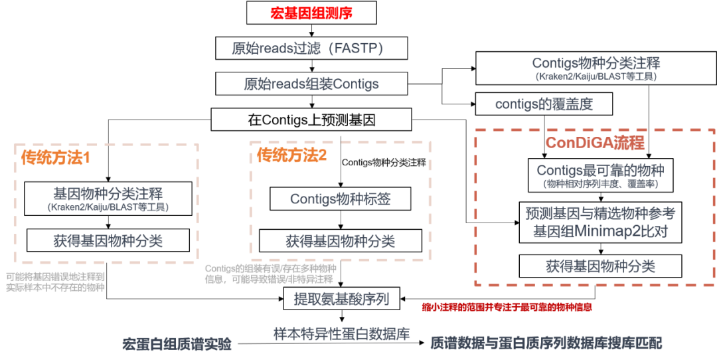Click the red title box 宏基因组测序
click(x=312, y=13)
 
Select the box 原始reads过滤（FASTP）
click(x=312, y=48)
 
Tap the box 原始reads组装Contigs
click(x=312, y=84)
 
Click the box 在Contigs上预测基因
click(x=311, y=120)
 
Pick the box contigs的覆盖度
click(x=544, y=104)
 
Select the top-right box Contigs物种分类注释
click(x=596, y=68)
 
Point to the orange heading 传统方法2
click(x=291, y=155)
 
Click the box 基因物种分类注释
click(x=108, y=199)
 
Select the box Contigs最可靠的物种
click(x=600, y=175)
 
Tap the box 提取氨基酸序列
click(x=342, y=300)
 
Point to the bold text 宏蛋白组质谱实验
click(x=177, y=344)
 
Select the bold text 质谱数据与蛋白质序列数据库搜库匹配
click(x=546, y=344)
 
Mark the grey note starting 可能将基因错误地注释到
click(x=56, y=282)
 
